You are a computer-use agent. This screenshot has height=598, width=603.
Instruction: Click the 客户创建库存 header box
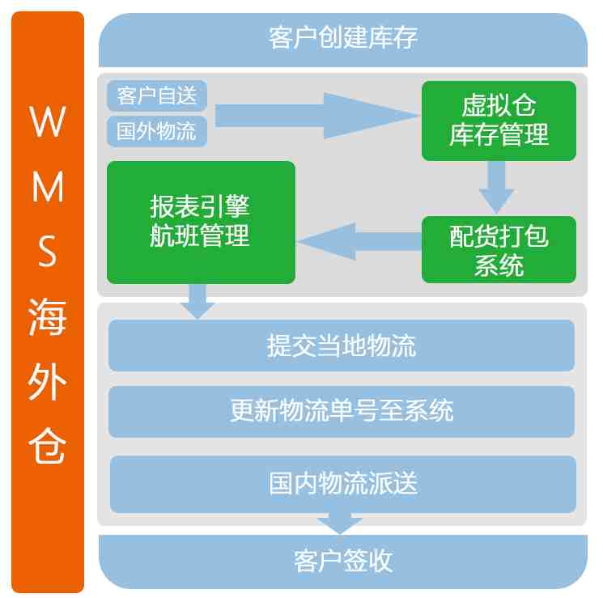click(342, 38)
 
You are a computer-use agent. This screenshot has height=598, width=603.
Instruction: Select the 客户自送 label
click(157, 96)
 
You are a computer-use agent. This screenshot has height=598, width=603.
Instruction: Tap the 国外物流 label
click(157, 131)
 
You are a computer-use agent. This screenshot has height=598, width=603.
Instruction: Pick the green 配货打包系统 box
click(499, 249)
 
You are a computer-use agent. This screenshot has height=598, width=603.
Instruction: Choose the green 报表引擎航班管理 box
click(201, 222)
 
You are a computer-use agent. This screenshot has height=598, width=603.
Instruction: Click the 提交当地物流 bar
click(342, 346)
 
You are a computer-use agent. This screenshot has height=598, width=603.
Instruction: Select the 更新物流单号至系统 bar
click(342, 411)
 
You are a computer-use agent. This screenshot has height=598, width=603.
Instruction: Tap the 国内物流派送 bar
click(342, 483)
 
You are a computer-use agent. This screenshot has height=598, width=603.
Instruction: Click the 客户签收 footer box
click(342, 560)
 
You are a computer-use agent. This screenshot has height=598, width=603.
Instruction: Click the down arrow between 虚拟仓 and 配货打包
click(497, 188)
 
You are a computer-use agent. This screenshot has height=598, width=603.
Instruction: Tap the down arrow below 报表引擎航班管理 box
click(197, 301)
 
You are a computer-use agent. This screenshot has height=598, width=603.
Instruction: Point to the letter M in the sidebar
click(48, 189)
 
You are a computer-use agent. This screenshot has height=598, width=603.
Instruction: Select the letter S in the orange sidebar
click(48, 253)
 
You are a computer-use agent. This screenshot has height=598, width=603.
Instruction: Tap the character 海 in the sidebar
click(48, 318)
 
